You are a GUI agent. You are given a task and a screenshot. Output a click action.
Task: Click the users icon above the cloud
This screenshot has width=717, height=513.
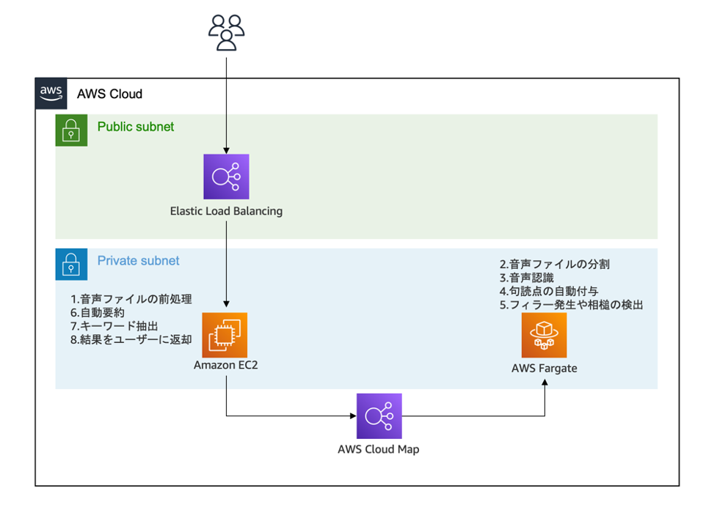tap(226, 32)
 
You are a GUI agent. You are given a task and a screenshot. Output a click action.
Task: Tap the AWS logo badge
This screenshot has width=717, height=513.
tap(51, 93)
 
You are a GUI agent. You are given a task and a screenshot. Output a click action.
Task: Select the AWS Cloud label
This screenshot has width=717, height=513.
tap(109, 94)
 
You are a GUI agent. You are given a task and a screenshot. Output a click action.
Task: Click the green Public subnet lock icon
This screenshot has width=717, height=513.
tap(71, 130)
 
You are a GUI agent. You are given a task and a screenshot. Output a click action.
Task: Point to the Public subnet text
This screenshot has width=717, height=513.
tap(136, 127)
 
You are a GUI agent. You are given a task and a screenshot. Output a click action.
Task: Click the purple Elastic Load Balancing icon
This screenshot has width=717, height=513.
tap(226, 177)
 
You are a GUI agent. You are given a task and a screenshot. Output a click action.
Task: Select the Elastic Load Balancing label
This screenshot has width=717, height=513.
tap(226, 211)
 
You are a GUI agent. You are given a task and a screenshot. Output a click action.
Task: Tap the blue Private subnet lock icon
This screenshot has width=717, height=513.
tap(71, 265)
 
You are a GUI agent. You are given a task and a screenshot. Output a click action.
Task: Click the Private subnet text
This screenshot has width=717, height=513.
tap(138, 261)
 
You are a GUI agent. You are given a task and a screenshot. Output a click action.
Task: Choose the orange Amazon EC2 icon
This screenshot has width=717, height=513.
tap(225, 335)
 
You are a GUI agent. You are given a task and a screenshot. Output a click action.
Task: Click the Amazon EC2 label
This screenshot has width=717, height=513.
tap(225, 365)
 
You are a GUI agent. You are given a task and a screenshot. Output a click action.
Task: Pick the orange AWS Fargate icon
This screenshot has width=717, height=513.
tap(544, 335)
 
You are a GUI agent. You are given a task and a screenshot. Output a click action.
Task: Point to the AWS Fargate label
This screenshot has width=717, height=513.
tap(544, 368)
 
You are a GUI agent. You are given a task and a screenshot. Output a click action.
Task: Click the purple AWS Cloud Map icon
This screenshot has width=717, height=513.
tap(379, 416)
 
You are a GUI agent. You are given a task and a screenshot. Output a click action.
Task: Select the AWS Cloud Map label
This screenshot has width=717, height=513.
tap(379, 449)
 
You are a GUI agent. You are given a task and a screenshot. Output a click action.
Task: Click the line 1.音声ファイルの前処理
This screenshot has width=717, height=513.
tap(131, 299)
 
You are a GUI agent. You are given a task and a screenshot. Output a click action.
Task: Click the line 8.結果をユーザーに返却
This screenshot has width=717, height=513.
tap(131, 340)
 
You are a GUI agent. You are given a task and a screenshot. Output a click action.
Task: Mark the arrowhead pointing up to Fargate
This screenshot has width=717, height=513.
tap(545, 384)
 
